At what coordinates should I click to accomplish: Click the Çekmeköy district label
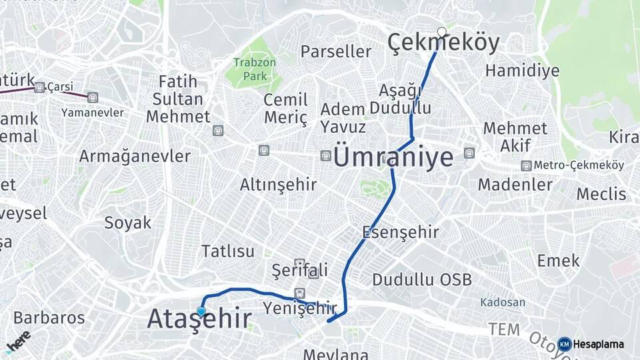[x=443, y=44]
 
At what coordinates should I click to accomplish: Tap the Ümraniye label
[x=393, y=157]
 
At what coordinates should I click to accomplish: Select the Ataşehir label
[x=199, y=319]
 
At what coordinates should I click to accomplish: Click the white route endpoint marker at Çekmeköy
[x=442, y=31]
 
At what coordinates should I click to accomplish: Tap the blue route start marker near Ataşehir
[x=201, y=311]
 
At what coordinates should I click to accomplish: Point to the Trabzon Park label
[x=250, y=69]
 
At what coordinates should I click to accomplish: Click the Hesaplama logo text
[x=598, y=345]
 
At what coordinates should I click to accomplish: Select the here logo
[x=18, y=341]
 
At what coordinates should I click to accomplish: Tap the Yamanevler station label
[x=93, y=113]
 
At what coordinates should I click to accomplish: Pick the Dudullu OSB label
[x=422, y=279]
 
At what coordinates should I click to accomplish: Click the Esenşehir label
[x=401, y=232]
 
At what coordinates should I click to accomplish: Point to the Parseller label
[x=336, y=51]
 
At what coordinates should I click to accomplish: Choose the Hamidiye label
[x=522, y=71]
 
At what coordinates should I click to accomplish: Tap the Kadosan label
[x=503, y=302]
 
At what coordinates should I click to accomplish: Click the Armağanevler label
[x=135, y=156]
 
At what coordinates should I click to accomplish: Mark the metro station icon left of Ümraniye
[x=325, y=156]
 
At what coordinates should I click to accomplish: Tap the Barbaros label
[x=49, y=317]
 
